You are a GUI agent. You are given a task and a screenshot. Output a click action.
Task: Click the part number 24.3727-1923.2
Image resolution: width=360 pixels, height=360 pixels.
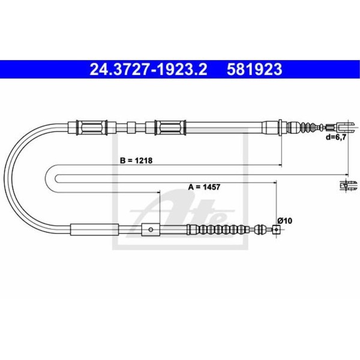click(148, 70)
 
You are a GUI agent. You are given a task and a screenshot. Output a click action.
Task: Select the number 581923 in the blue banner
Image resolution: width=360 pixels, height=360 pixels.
click(254, 70)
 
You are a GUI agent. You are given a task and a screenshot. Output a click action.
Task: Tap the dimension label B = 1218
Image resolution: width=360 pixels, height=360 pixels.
click(136, 160)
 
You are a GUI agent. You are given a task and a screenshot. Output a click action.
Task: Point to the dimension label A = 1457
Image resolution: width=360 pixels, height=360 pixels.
click(204, 187)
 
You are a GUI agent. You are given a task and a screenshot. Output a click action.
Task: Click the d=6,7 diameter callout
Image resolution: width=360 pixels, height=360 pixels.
click(335, 137)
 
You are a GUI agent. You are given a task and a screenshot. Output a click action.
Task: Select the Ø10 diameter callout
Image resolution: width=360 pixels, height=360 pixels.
click(285, 221)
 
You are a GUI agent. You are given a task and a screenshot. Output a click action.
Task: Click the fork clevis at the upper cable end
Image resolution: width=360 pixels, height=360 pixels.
click(343, 127)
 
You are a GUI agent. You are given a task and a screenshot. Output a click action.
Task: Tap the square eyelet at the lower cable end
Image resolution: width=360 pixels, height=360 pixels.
click(276, 229)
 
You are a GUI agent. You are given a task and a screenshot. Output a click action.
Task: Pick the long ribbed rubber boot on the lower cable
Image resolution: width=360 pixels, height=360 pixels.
click(218, 229)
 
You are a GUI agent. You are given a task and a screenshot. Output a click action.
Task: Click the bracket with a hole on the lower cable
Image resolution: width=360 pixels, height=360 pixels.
click(151, 229)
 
